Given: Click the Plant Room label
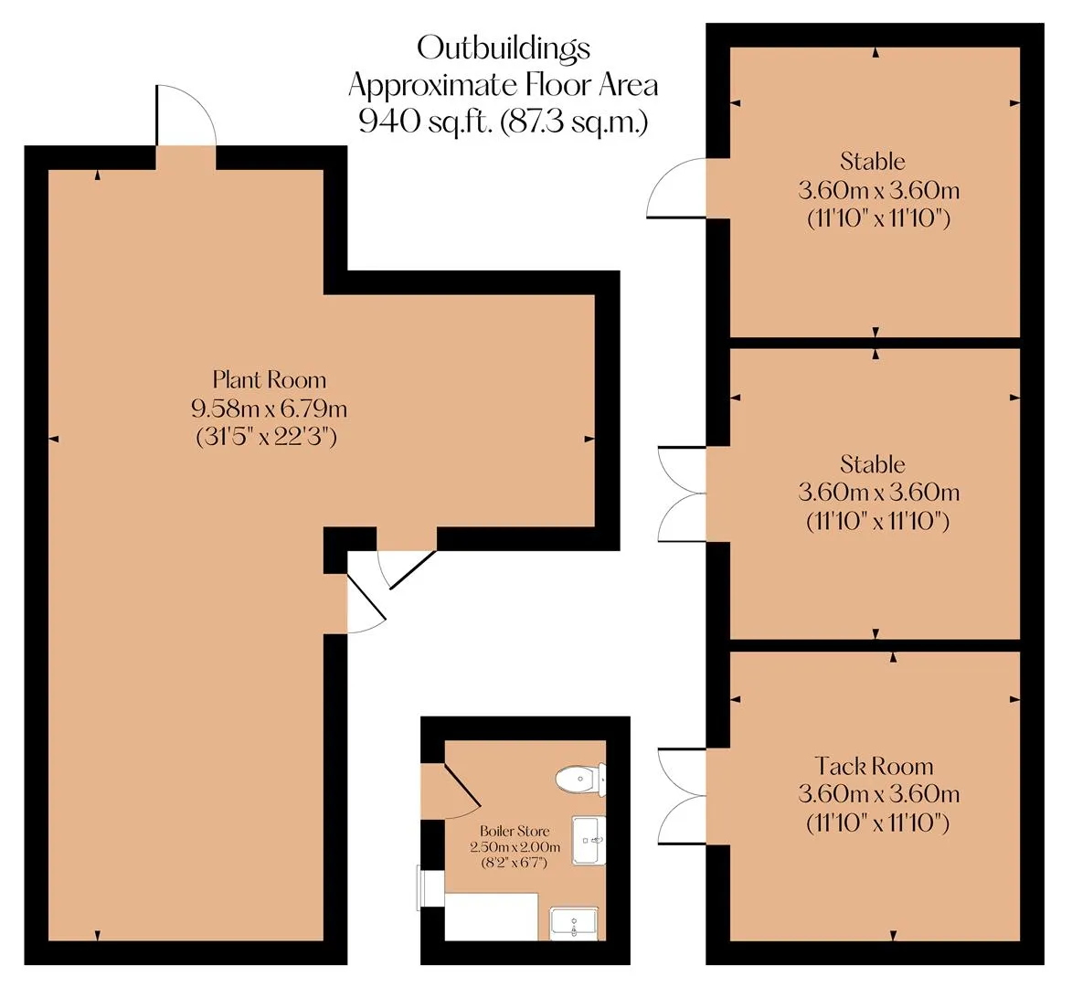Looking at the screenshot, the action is (270, 379).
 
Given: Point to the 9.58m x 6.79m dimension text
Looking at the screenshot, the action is (270, 409).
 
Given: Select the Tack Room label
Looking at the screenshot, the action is (874, 766).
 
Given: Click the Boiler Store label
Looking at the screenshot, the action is (515, 831).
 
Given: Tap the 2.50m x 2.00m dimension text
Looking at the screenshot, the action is (515, 847).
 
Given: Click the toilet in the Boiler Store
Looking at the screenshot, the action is (580, 779).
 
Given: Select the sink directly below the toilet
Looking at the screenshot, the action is (589, 840).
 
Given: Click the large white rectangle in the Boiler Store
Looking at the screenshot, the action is (491, 916).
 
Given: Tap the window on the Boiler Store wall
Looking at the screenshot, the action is (430, 887).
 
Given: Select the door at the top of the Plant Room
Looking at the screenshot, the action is (186, 115).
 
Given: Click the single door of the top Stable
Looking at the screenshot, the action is (676, 188).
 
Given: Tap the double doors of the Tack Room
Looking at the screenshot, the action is (682, 796).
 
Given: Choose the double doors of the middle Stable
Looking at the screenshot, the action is (682, 493).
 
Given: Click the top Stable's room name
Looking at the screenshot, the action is (873, 162).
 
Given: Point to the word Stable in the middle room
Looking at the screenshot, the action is (873, 465).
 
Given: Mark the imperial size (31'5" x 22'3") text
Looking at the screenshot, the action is (267, 437).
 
